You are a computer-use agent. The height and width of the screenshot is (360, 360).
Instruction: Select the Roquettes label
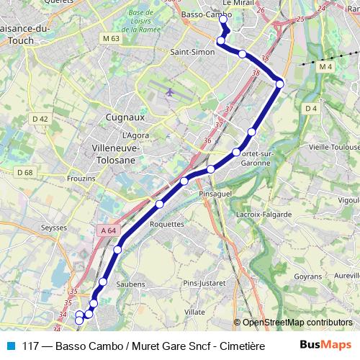pyautogui.click(x=166, y=224)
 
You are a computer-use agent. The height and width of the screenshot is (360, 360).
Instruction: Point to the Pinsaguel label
pyautogui.click(x=217, y=194)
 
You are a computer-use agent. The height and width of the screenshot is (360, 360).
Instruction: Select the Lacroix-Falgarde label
pyautogui.click(x=264, y=215)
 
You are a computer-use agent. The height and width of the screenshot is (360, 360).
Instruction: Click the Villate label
pyautogui.click(x=194, y=312)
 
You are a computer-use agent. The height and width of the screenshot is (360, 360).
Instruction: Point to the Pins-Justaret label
pyautogui.click(x=204, y=283)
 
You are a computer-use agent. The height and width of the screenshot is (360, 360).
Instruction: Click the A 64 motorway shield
pyautogui.click(x=107, y=230)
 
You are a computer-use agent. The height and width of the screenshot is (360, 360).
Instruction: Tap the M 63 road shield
pyautogui.click(x=110, y=38)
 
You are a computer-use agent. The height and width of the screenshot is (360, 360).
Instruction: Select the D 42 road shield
pyautogui.click(x=40, y=119)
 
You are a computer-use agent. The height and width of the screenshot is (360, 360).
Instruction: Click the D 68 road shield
pyautogui.click(x=24, y=172)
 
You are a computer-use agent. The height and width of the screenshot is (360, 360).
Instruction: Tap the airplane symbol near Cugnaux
pyautogui.click(x=169, y=92)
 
